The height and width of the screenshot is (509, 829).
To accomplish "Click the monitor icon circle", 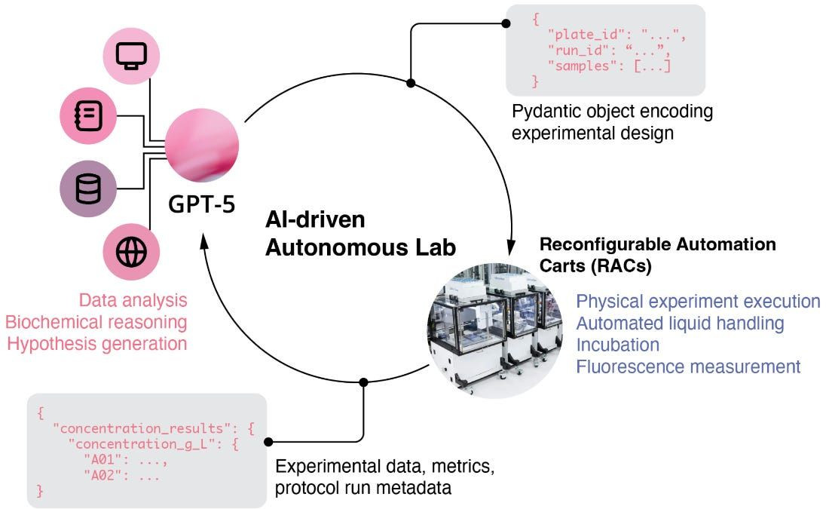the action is [x=132, y=56].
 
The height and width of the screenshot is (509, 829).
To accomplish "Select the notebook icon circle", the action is [x=87, y=115].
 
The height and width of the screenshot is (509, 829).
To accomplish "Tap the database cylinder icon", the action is [x=87, y=189].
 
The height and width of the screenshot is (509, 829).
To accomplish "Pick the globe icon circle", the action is [x=131, y=252].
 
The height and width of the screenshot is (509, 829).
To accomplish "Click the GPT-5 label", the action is [x=201, y=204].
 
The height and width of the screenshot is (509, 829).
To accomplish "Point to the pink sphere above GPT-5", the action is [x=202, y=146].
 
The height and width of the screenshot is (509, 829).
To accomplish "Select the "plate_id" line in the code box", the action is [x=616, y=35].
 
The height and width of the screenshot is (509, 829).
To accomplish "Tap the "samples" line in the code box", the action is [x=609, y=66].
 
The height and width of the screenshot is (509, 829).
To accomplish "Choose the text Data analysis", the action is [x=133, y=300].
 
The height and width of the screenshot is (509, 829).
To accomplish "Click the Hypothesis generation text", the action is [x=96, y=344].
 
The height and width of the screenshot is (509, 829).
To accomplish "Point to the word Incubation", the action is [x=617, y=345].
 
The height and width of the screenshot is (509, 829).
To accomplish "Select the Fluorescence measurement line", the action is [x=688, y=366].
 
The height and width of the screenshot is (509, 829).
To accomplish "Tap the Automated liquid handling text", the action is [x=680, y=323].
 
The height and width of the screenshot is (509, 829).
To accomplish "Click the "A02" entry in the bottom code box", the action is [x=121, y=476].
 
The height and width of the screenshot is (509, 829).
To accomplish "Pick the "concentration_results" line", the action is [x=154, y=428].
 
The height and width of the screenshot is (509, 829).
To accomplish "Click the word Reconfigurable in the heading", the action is [x=604, y=244].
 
